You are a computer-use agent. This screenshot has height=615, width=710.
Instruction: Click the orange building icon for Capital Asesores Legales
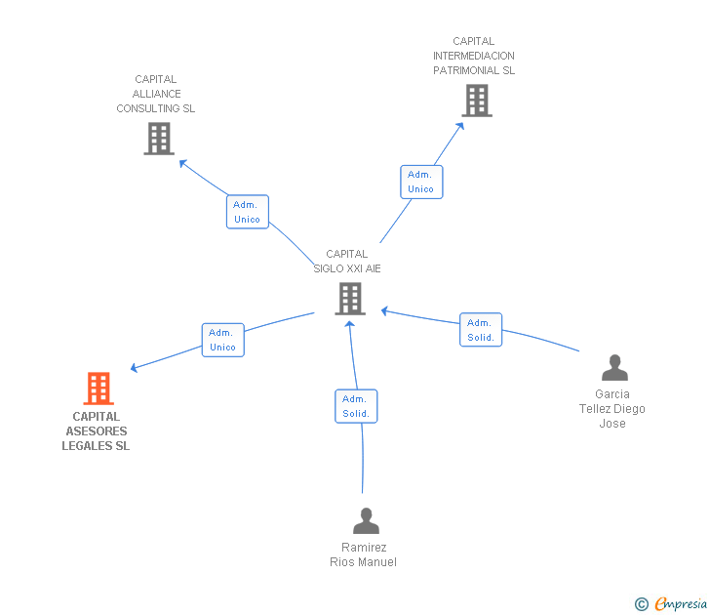click(x=98, y=389)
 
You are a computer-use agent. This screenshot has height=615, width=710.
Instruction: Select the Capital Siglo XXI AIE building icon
click(x=350, y=299)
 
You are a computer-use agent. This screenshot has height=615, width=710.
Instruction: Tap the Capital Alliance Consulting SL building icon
click(x=158, y=139)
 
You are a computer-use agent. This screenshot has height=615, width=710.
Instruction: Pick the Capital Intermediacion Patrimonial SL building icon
click(x=476, y=101)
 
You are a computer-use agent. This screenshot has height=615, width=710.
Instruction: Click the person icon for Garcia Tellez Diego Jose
click(x=614, y=368)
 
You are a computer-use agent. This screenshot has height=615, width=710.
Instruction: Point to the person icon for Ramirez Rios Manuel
click(x=366, y=521)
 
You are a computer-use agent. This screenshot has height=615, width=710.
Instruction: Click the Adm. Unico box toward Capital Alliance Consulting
click(x=247, y=212)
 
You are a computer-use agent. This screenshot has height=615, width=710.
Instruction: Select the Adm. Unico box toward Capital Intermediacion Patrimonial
click(x=421, y=182)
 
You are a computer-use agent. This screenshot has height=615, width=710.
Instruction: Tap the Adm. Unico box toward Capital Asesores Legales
click(x=222, y=340)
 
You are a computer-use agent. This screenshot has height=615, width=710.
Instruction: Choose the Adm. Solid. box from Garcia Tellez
click(x=481, y=330)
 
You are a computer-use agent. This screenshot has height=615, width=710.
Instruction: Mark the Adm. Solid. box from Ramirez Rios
click(x=356, y=406)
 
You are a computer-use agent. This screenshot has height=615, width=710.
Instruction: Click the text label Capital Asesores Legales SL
click(x=97, y=431)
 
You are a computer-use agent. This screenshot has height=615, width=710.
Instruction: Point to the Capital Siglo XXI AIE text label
click(x=347, y=261)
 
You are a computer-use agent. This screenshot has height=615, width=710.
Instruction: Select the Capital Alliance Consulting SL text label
click(x=156, y=94)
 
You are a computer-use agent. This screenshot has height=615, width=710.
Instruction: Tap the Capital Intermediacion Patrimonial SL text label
click(x=474, y=56)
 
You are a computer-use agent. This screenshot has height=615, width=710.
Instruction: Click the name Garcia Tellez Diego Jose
click(x=612, y=409)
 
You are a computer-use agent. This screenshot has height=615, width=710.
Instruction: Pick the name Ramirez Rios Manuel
click(x=364, y=554)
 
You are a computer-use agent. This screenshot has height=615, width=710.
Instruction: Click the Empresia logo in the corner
click(x=681, y=604)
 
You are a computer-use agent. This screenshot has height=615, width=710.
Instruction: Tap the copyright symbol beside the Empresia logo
click(x=642, y=604)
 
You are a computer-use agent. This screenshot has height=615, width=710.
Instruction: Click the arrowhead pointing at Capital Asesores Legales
click(x=135, y=369)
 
